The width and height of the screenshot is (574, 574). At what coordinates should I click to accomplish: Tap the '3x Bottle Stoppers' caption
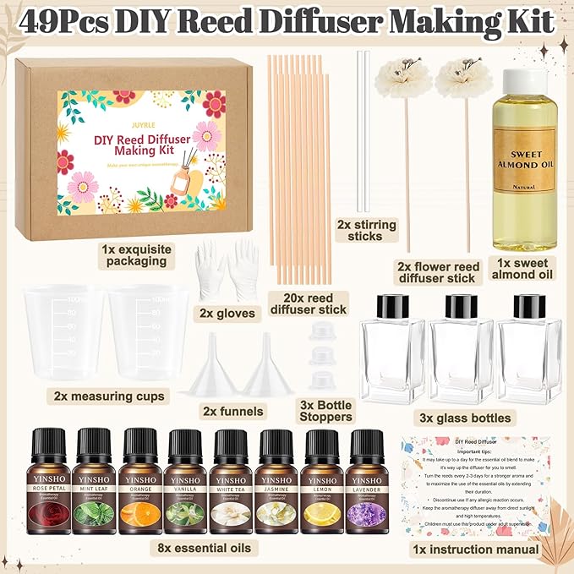[326, 412]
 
